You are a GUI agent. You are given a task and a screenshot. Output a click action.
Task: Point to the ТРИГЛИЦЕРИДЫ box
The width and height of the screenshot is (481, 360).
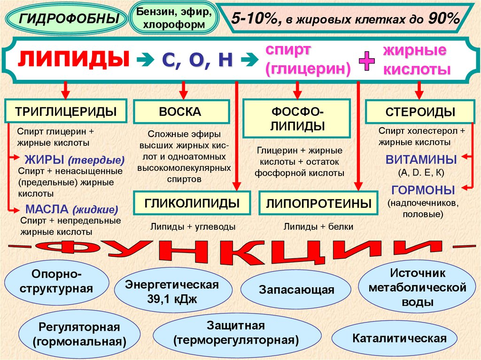point(66,112)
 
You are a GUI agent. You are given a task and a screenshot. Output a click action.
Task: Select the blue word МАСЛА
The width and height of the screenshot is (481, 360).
point(42,209)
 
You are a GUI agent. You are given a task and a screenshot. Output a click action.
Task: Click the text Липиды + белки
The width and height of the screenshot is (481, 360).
point(318,227)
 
